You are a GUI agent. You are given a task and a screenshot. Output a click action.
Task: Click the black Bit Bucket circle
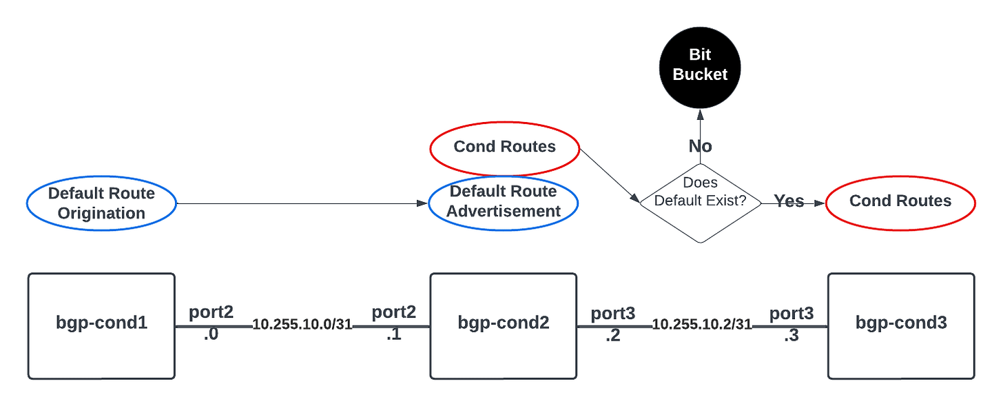pyautogui.click(x=700, y=65)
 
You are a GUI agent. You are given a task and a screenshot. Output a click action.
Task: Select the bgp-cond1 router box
pyautogui.click(x=101, y=325)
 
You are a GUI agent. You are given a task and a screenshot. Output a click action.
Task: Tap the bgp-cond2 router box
pyautogui.click(x=503, y=325)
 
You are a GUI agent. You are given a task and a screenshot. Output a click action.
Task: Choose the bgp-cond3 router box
pyautogui.click(x=901, y=325)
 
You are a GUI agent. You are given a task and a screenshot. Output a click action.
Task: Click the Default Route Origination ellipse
pyautogui.click(x=101, y=203)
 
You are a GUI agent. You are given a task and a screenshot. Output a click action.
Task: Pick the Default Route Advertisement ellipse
pyautogui.click(x=503, y=201)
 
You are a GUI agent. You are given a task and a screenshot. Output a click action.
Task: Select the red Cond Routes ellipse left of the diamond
pyautogui.click(x=504, y=147)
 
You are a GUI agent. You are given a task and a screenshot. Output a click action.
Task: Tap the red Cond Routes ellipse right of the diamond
pyautogui.click(x=900, y=201)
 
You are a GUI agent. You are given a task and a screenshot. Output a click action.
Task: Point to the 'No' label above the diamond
pyautogui.click(x=700, y=146)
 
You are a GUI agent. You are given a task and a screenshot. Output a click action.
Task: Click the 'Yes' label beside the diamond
pyautogui.click(x=789, y=201)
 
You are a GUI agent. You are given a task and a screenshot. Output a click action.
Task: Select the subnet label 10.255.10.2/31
pyautogui.click(x=701, y=325)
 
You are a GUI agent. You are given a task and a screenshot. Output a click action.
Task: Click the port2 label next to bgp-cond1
pyautogui.click(x=211, y=312)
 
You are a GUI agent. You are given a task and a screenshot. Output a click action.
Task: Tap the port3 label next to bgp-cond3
pyautogui.click(x=791, y=313)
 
